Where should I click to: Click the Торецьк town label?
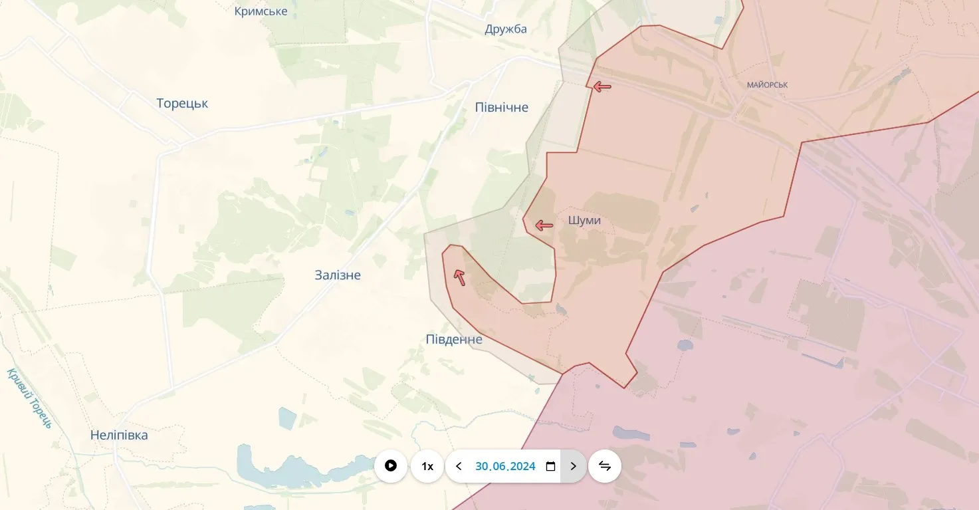point(182,104)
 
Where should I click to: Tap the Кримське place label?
point(261,11)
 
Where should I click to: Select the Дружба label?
point(506,29)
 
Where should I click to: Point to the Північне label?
point(502,108)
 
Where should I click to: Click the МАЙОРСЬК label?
point(767,85)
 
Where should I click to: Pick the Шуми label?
point(584,221)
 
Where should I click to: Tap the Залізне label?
point(338,275)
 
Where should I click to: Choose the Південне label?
point(454,340)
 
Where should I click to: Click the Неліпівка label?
point(119,436)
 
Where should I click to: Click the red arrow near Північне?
point(602,86)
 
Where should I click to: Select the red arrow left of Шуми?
point(544,225)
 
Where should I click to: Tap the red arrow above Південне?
point(459,277)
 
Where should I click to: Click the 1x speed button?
point(427,466)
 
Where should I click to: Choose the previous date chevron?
point(459,466)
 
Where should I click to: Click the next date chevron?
point(574,466)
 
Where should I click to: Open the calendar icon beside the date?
point(550,466)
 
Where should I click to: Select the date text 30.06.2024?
point(505,466)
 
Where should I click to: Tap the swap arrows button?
point(605,466)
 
